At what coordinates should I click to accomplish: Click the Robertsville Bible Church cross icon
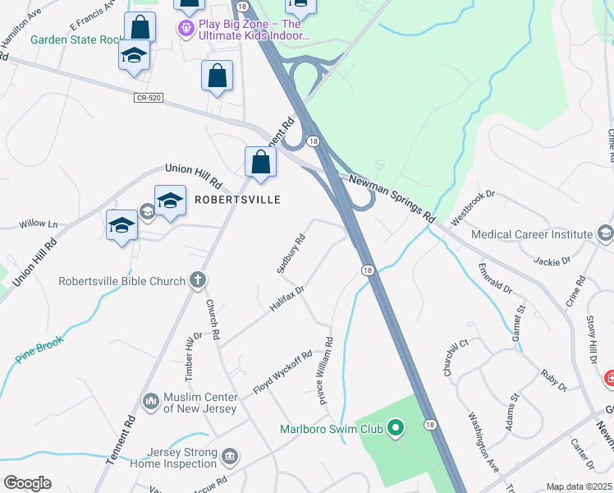click(x=198, y=281)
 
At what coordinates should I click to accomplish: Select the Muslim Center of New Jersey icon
click(x=150, y=401)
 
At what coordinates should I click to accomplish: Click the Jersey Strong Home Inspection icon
click(x=231, y=455)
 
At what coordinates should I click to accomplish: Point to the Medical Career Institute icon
click(x=606, y=234)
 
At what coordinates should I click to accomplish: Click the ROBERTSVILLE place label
click(x=237, y=200)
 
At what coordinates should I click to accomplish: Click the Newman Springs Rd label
click(x=391, y=198)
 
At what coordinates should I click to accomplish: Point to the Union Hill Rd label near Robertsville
click(x=194, y=174)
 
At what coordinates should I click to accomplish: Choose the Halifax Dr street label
click(x=286, y=298)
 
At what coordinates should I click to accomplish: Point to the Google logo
click(x=27, y=483)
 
